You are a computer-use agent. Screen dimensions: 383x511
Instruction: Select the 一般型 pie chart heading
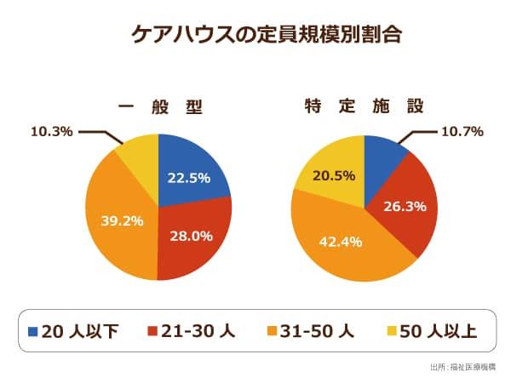[159, 107]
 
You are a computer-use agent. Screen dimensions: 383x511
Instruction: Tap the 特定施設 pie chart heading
[364, 107]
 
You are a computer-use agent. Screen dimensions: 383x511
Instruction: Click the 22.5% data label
[188, 179]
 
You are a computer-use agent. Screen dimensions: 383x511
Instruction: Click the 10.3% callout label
[51, 132]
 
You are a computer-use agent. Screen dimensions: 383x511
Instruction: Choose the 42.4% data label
[341, 242]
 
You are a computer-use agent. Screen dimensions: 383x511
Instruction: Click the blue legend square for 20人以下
[33, 330]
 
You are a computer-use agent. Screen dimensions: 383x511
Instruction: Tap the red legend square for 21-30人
[154, 330]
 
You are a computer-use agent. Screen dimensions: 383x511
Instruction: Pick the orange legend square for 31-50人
[274, 330]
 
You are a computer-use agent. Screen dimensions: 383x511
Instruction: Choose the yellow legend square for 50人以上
[394, 330]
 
